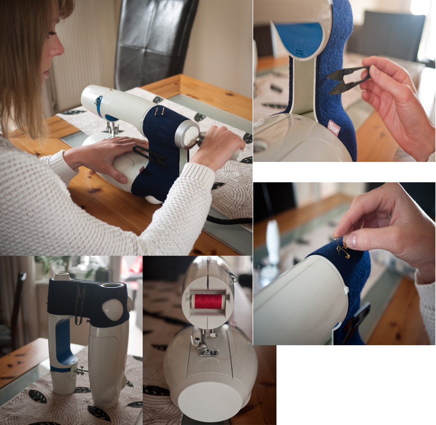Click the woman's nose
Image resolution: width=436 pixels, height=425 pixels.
[59, 47]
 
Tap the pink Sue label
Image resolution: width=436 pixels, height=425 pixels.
[333, 128]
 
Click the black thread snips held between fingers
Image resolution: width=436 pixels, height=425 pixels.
[347, 80]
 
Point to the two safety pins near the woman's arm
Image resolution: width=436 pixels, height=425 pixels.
[159, 112]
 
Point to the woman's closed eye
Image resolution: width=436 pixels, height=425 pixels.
[52, 33]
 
